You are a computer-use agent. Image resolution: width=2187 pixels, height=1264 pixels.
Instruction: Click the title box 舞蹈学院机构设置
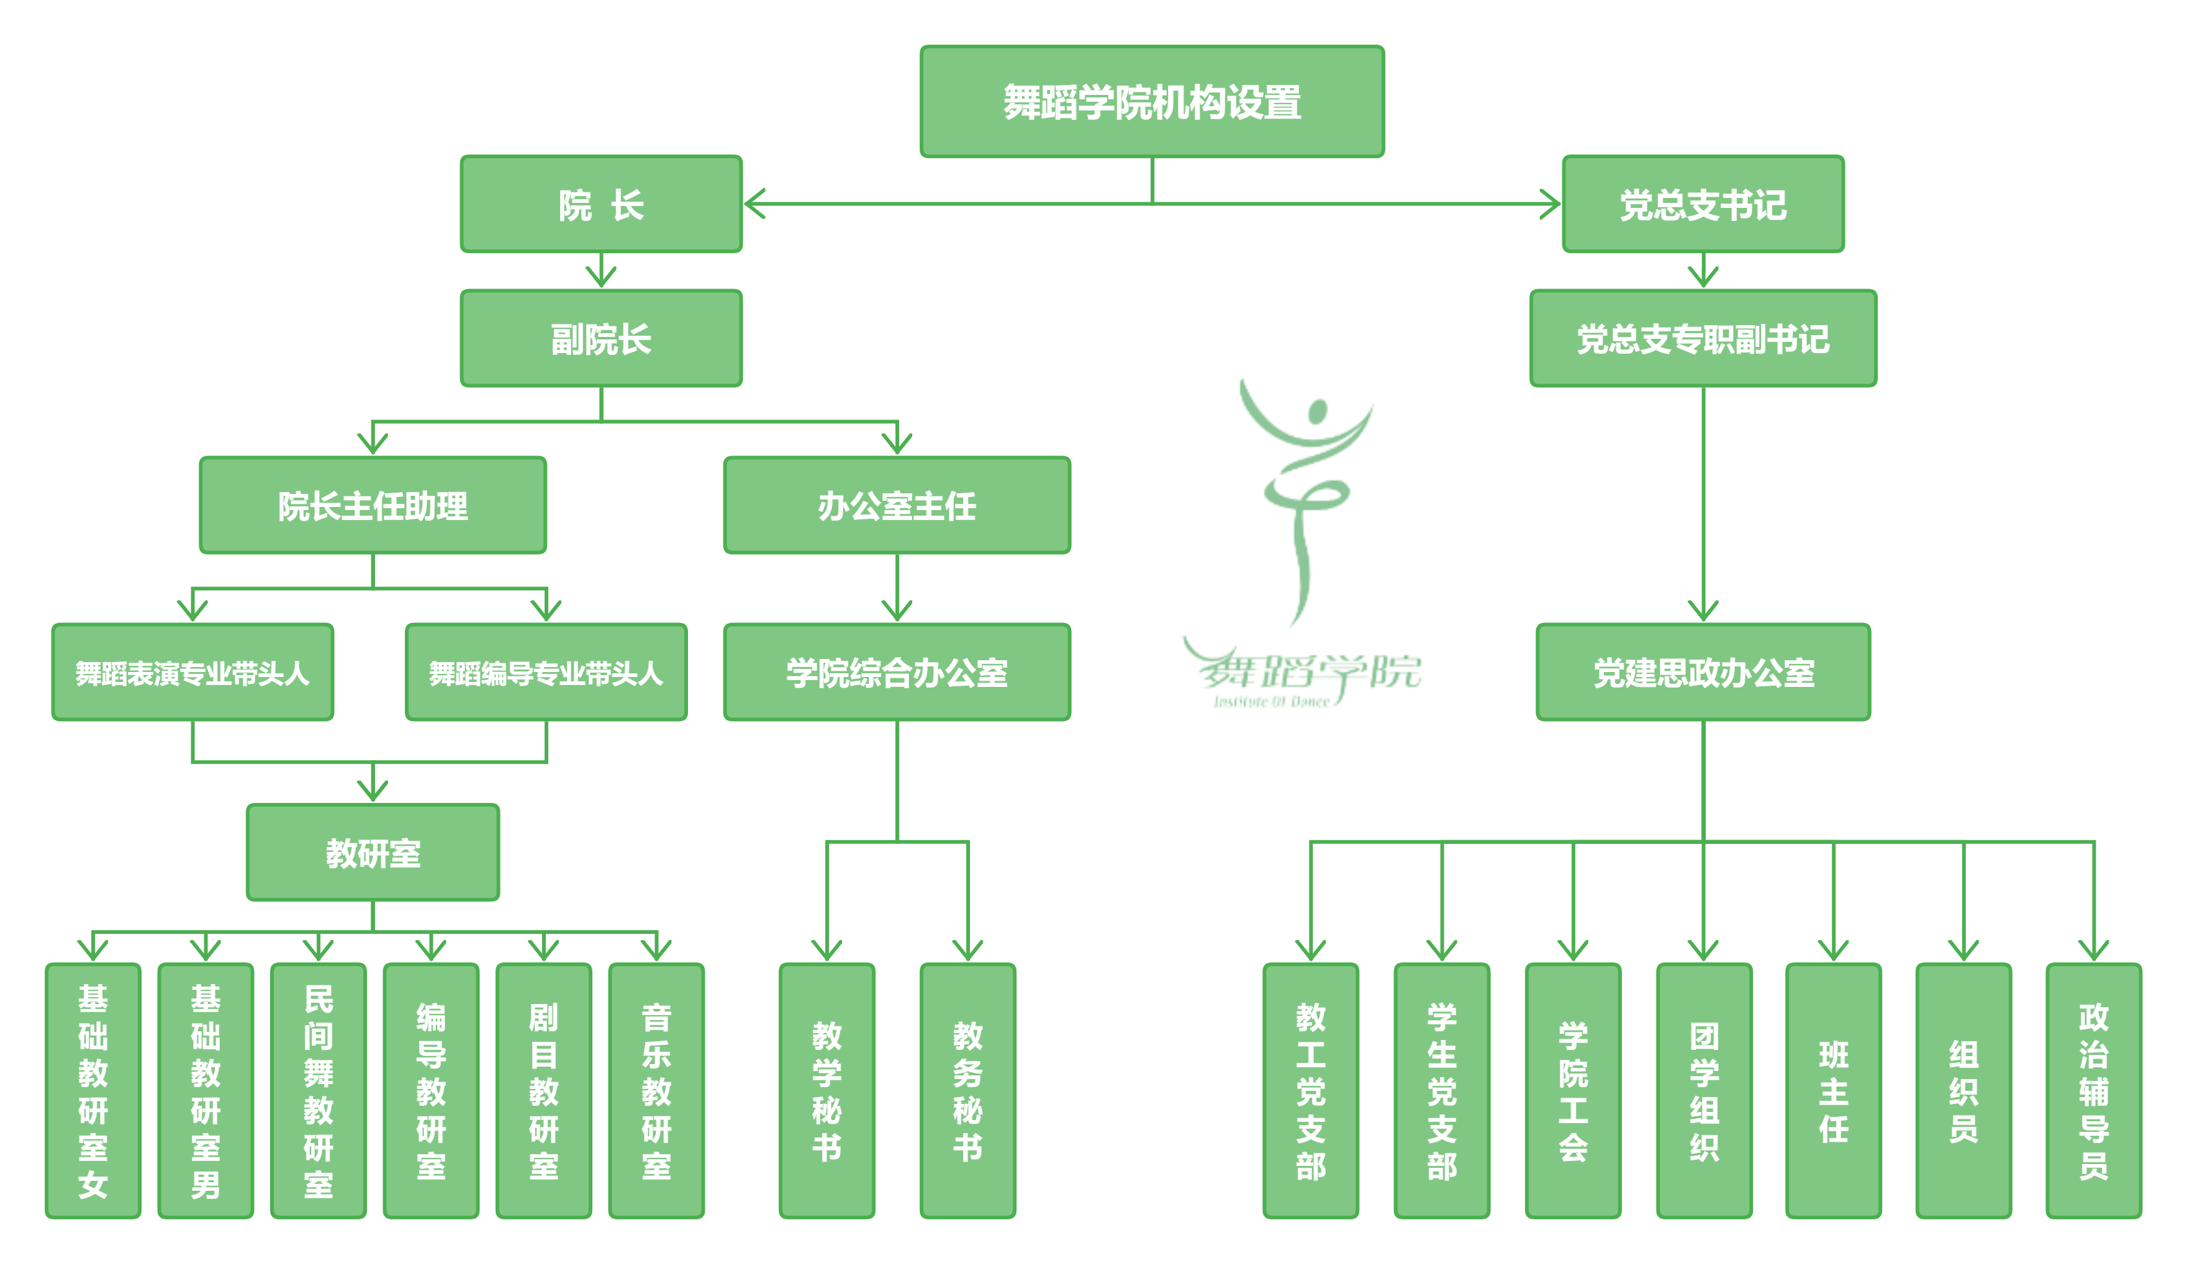click(x=1152, y=102)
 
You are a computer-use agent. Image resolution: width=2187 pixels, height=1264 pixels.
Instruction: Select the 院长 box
click(x=600, y=205)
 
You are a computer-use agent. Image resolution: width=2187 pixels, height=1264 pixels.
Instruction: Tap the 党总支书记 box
click(x=1703, y=205)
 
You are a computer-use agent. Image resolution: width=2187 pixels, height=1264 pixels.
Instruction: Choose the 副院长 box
click(x=600, y=338)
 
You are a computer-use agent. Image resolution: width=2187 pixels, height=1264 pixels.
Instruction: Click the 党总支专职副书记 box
click(x=1703, y=338)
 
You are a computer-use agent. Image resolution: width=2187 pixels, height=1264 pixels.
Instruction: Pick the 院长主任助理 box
click(x=373, y=505)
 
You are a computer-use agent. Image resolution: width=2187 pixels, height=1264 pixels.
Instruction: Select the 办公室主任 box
click(x=897, y=505)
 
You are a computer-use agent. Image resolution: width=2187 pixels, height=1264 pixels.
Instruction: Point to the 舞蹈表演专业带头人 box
click(x=192, y=673)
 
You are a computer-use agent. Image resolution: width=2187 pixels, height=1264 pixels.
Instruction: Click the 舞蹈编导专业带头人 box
click(x=546, y=673)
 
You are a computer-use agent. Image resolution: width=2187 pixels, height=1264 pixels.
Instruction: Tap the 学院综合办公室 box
click(x=897, y=673)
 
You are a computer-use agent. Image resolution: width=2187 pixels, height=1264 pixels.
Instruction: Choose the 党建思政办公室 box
click(x=1703, y=673)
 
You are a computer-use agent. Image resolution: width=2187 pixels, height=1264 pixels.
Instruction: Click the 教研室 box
click(x=373, y=853)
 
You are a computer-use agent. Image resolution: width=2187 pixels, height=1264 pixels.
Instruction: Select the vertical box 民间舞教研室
click(x=319, y=1090)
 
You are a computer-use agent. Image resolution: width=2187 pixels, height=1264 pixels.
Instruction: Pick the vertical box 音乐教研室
click(x=656, y=1090)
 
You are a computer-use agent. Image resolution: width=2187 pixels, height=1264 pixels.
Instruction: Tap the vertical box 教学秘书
click(x=826, y=1090)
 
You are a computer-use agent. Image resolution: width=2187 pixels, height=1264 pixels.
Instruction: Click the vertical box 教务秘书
click(x=967, y=1090)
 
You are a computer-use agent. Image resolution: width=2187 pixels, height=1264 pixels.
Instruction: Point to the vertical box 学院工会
click(x=1572, y=1090)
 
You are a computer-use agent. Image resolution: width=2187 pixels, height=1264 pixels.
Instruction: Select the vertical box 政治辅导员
click(x=2093, y=1090)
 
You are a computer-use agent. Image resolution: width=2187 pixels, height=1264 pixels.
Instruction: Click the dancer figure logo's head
click(x=1318, y=410)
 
